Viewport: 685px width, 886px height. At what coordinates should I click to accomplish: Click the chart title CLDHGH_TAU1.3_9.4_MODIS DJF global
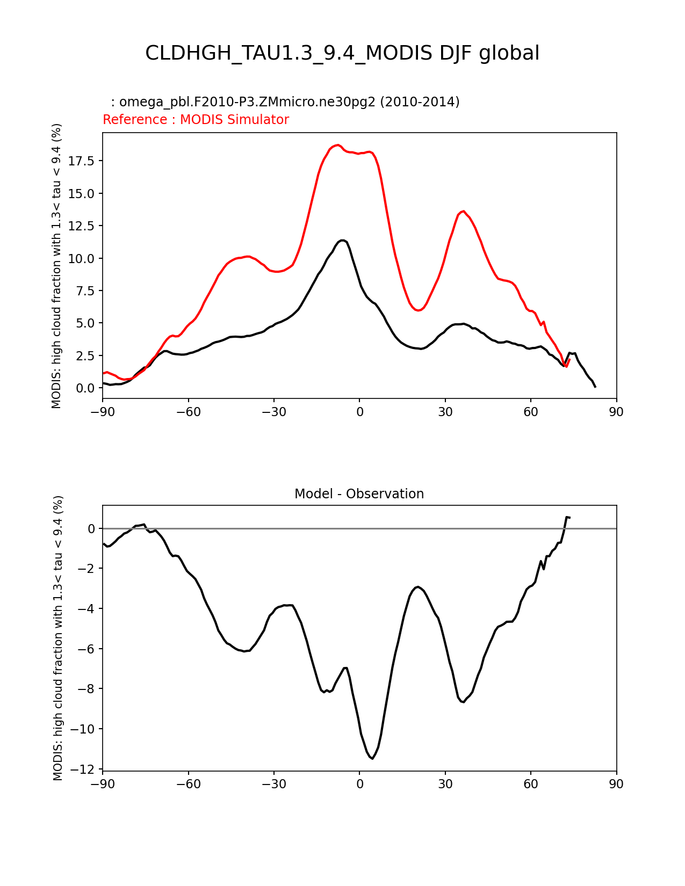pyautogui.click(x=342, y=53)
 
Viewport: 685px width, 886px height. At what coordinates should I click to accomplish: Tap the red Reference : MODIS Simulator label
pyautogui.click(x=196, y=120)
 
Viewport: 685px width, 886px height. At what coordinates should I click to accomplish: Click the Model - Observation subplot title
pyautogui.click(x=359, y=494)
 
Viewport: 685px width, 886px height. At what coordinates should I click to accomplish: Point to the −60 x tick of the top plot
pyautogui.click(x=188, y=412)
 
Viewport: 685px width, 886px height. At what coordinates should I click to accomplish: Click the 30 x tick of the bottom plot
pyautogui.click(x=445, y=784)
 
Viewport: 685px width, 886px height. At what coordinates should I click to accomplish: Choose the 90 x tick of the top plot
pyautogui.click(x=616, y=412)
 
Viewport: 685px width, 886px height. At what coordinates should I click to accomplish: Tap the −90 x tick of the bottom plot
pyautogui.click(x=103, y=784)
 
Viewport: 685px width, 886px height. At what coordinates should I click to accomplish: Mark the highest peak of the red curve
pyautogui.click(x=337, y=145)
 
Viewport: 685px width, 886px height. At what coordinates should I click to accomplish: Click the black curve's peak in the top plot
pyautogui.click(x=342, y=240)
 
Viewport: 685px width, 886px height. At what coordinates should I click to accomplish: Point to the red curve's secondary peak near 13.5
pyautogui.click(x=463, y=211)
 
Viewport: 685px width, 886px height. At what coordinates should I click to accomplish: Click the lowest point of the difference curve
pyautogui.click(x=372, y=758)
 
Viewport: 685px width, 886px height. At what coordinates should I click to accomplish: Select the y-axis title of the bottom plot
pyautogui.click(x=58, y=638)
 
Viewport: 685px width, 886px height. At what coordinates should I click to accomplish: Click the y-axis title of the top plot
pyautogui.click(x=57, y=266)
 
